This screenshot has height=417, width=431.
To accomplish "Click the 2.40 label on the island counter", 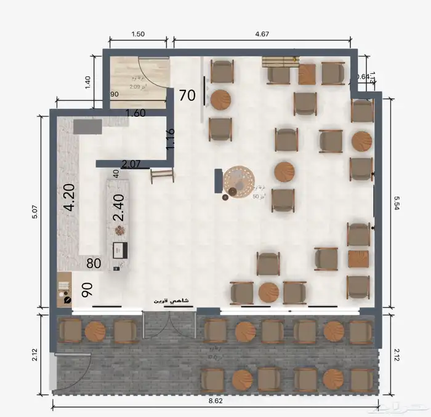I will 118,208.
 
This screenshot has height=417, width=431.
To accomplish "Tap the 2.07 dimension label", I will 131,164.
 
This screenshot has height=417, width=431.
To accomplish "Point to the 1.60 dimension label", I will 135,113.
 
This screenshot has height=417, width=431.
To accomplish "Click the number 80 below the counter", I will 94,264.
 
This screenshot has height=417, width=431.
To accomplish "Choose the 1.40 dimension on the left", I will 87,82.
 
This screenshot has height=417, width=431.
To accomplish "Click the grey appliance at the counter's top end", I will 87,127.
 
